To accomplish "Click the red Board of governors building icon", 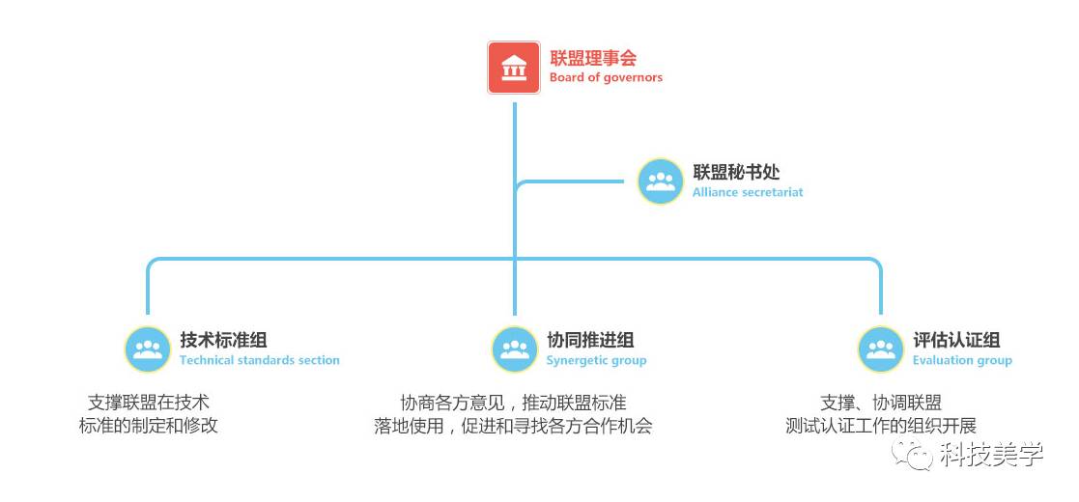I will [x=513, y=67].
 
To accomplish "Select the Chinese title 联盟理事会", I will [x=593, y=58].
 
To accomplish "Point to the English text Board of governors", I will [x=606, y=77].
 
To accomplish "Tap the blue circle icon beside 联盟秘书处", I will [x=661, y=181].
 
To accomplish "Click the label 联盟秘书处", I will [x=735, y=173].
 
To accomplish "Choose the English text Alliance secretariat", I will [x=747, y=192].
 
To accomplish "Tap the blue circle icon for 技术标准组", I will [x=148, y=349].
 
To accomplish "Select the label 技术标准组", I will [x=223, y=340].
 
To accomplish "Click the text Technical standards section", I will [x=259, y=360].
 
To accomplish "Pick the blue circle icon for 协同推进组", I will [x=515, y=349].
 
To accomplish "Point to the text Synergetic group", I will [x=596, y=360].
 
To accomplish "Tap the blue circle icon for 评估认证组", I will [x=881, y=349].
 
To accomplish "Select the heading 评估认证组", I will [x=956, y=340].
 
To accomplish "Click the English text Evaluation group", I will [x=962, y=360].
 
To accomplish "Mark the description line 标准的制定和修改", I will [x=148, y=425].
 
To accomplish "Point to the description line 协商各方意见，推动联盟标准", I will [x=513, y=403].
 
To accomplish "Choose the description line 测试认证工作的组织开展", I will [x=881, y=425].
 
